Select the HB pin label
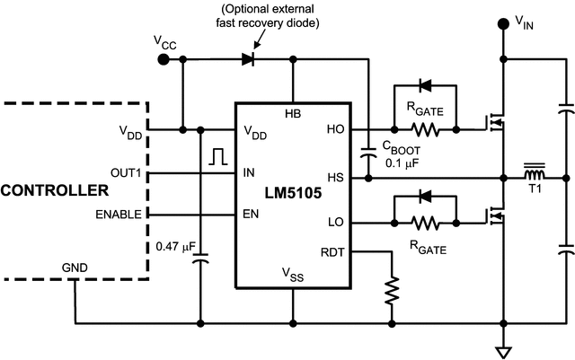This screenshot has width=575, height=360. click(293, 114)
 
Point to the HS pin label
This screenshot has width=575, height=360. click(335, 178)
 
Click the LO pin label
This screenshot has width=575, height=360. click(335, 220)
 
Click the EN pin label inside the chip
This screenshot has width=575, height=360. click(252, 215)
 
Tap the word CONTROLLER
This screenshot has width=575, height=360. click(54, 191)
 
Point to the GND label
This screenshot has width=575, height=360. click(75, 268)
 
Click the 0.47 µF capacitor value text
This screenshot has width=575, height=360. click(176, 245)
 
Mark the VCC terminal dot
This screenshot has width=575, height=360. click(163, 59)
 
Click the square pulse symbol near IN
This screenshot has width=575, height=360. click(217, 157)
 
